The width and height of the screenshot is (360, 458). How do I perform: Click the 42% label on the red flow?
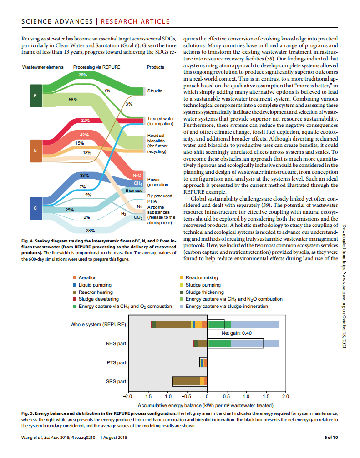point(84,135)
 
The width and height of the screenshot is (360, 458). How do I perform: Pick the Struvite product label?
point(155,91)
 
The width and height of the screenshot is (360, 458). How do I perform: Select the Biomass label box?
point(134,191)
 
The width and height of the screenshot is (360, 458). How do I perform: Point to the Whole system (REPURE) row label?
point(98,324)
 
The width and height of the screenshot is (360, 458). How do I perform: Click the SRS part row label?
point(115,381)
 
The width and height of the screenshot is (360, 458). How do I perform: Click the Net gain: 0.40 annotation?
point(236,333)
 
